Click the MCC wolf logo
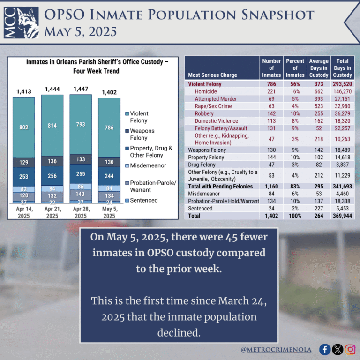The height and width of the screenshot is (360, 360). point(22,22)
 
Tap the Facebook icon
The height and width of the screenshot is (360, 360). point(324,349)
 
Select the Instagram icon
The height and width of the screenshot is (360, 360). point(350,349)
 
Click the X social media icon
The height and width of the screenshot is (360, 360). point(337,349)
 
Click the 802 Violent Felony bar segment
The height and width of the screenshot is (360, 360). point(24,127)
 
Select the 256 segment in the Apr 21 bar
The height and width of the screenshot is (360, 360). point(52,175)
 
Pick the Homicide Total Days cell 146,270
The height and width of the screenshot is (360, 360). point(342,92)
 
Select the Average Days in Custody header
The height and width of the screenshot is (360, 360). point(319,68)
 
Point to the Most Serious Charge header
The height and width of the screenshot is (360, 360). point(212,75)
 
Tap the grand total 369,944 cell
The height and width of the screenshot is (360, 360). point(342,216)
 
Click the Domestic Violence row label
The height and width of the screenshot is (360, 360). point(217,120)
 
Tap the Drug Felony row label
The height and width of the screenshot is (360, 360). point(202,165)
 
